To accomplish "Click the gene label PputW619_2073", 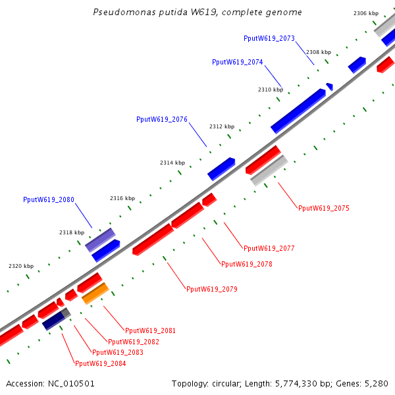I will pyautogui.click(x=269, y=38).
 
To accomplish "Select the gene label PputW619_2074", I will pyautogui.click(x=237, y=62).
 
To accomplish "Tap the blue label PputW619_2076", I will pyautogui.click(x=162, y=119).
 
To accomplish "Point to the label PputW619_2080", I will pyautogui.click(x=49, y=199).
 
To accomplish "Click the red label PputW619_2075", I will pyautogui.click(x=323, y=208).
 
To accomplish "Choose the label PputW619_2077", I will pyautogui.click(x=269, y=248).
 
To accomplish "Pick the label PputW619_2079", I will pyautogui.click(x=211, y=289).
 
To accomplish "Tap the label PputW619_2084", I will pyautogui.click(x=100, y=363).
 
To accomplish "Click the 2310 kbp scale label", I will pyautogui.click(x=270, y=90).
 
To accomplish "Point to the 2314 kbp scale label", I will pyautogui.click(x=172, y=163).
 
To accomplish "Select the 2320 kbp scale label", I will pyautogui.click(x=21, y=266).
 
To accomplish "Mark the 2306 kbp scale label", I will pyautogui.click(x=365, y=13).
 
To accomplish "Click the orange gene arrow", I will pyautogui.click(x=95, y=293).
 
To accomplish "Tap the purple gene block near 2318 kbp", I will pyautogui.click(x=100, y=240).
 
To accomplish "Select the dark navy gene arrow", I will pyautogui.click(x=53, y=321).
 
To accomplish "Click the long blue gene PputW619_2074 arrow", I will pyautogui.click(x=298, y=111).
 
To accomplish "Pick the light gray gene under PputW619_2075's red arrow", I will pyautogui.click(x=269, y=171).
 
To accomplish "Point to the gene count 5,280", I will pyautogui.click(x=376, y=383).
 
